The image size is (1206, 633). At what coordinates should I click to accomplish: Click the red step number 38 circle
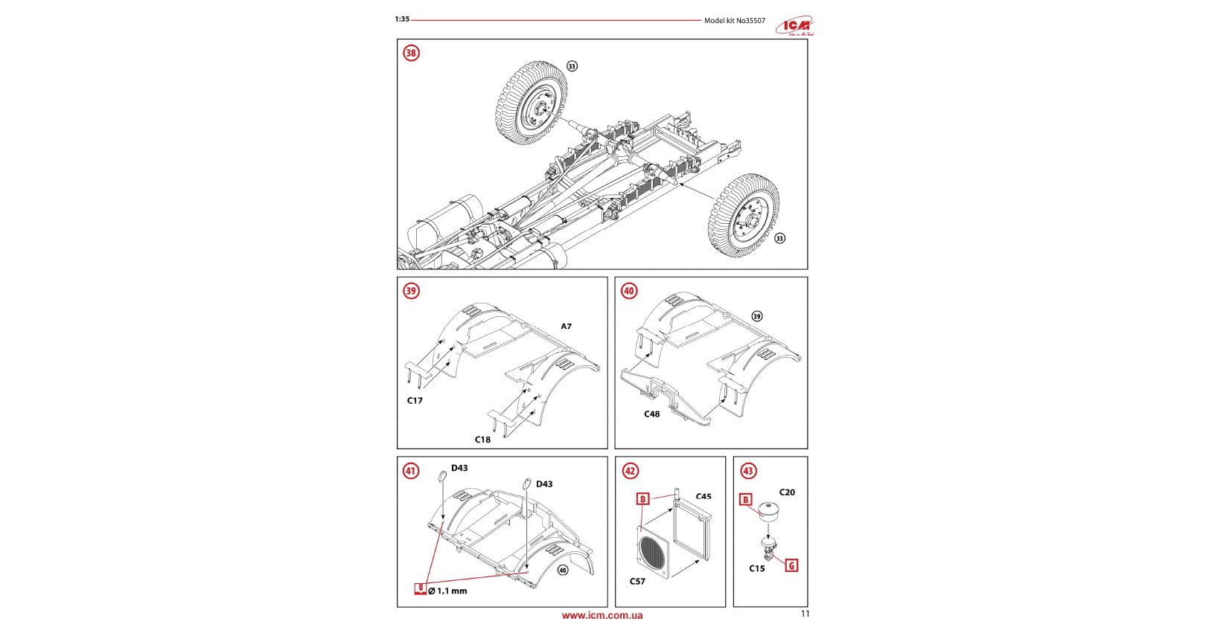click(411, 53)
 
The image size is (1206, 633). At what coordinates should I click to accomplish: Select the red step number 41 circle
click(411, 471)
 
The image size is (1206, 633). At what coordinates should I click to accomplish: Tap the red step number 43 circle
click(748, 471)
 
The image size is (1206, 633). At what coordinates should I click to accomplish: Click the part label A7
click(566, 327)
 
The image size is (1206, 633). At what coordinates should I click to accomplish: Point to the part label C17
click(415, 401)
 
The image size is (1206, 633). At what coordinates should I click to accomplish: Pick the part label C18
click(482, 440)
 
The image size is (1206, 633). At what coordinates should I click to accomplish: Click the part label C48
click(651, 414)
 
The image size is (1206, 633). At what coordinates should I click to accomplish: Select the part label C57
click(637, 582)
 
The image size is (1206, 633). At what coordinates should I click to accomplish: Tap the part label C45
click(703, 496)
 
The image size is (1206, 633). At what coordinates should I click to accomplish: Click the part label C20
click(787, 492)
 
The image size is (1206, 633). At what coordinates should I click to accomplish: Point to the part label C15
click(756, 568)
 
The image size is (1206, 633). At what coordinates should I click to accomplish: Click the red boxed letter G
click(791, 565)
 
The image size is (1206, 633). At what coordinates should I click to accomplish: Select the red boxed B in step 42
click(642, 499)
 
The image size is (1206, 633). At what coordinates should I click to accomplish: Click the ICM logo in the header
click(795, 27)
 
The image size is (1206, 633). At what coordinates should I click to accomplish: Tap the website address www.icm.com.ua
click(602, 616)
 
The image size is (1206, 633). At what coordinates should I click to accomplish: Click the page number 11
click(805, 614)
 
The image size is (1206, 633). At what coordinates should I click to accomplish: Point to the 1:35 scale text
click(402, 19)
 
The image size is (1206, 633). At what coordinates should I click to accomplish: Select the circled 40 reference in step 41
click(563, 571)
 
